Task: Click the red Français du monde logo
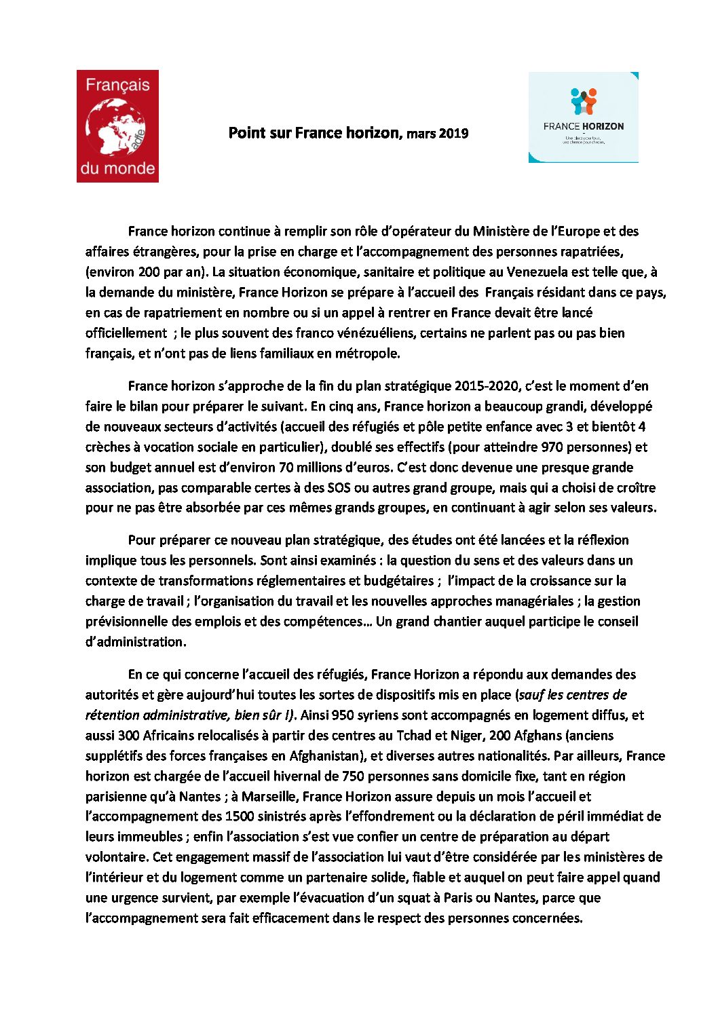tap(117, 126)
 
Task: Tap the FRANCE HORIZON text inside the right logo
tap(583, 126)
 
